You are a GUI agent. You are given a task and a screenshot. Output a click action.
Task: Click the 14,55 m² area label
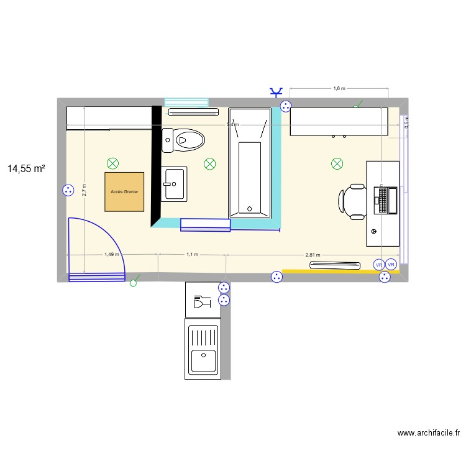pyautogui.click(x=26, y=168)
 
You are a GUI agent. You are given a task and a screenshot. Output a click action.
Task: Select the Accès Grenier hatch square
pyautogui.click(x=124, y=192)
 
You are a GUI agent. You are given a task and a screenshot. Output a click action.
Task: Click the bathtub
pyautogui.click(x=250, y=178)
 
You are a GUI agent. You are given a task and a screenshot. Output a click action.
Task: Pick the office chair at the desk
pyautogui.click(x=352, y=201)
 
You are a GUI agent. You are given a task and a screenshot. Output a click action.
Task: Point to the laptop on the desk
pyautogui.click(x=386, y=200)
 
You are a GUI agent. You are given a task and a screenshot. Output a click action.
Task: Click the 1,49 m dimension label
pyautogui.click(x=112, y=254)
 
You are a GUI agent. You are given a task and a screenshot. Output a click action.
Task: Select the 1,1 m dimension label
pyautogui.click(x=192, y=254)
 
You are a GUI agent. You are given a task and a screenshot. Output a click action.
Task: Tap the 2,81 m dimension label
pyautogui.click(x=312, y=254)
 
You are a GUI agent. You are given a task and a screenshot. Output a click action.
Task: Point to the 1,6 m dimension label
pyautogui.click(x=339, y=89)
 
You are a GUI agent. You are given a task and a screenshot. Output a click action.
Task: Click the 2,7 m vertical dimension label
pyautogui.click(x=84, y=190)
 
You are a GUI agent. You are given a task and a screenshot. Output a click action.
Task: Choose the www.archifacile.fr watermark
pyautogui.click(x=428, y=433)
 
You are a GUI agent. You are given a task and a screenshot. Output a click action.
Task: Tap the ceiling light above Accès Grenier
pyautogui.click(x=112, y=163)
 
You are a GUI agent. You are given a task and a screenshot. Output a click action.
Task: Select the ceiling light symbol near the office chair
pyautogui.click(x=337, y=163)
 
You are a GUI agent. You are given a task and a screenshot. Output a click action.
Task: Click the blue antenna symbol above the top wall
pyautogui.click(x=275, y=93)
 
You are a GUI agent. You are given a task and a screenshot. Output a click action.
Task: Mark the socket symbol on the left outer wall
pyautogui.click(x=67, y=191)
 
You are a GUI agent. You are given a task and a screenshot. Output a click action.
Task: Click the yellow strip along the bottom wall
pyautogui.click(x=340, y=271)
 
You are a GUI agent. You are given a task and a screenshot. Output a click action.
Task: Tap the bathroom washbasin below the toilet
pyautogui.click(x=174, y=184)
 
